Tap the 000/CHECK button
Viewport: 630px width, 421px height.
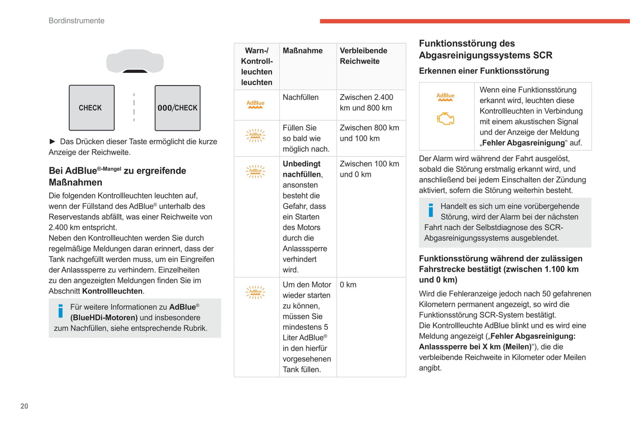click(x=177, y=108)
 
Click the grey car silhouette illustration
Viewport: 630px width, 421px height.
click(x=135, y=61)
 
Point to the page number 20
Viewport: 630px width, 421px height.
click(x=24, y=406)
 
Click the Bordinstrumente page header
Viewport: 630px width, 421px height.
click(x=77, y=21)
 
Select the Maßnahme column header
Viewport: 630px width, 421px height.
click(x=303, y=51)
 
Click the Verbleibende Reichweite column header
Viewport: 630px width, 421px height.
click(x=363, y=56)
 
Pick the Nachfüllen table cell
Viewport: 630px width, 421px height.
click(x=300, y=97)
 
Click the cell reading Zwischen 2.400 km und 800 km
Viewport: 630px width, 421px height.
click(x=366, y=103)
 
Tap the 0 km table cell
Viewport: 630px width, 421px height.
click(x=348, y=285)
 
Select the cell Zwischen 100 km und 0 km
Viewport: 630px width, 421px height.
click(x=369, y=169)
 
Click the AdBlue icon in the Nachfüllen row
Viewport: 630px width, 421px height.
click(x=255, y=104)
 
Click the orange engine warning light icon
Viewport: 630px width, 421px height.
click(x=446, y=118)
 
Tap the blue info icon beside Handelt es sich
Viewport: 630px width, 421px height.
click(x=431, y=210)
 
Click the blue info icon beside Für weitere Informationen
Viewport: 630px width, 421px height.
click(x=61, y=311)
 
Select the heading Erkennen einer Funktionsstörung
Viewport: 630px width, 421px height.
click(x=484, y=71)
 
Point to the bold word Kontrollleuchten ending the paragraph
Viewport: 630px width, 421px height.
click(x=112, y=291)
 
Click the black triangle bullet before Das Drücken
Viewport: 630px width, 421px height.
click(x=52, y=141)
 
